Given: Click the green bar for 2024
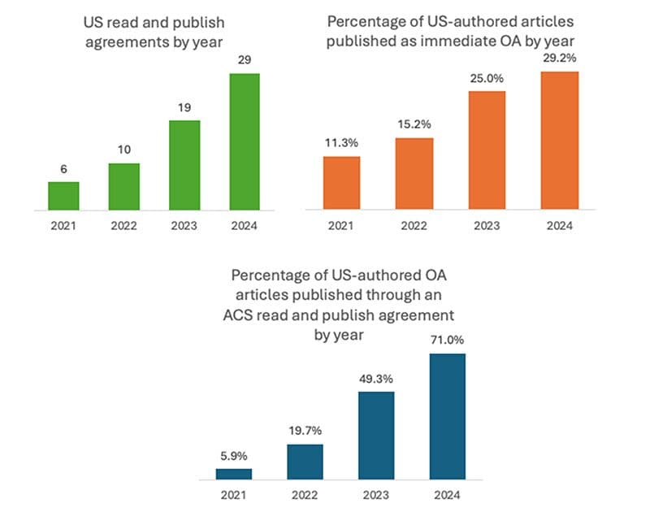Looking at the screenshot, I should pos(244,141).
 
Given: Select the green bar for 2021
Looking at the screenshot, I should pos(63,196).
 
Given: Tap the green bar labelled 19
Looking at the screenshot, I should pos(184,165).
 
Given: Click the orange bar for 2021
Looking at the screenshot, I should pos(341,182).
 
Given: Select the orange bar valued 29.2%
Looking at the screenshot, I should pos(560,140).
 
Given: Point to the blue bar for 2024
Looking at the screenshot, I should pos(447,415).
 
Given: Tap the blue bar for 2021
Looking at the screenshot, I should pos(234,473).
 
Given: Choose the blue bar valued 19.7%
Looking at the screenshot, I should pos(305,461).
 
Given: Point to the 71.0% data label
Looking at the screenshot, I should pos(447,341).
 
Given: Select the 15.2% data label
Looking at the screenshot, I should pos(415,124).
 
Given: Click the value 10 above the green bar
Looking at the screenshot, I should pos(123,150).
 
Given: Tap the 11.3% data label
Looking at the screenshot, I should pos(341,143).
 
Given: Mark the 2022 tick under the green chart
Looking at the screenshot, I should pos(123,225).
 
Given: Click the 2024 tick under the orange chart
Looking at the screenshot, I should pos(560,225).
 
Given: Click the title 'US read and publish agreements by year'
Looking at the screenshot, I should pos(154,32).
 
